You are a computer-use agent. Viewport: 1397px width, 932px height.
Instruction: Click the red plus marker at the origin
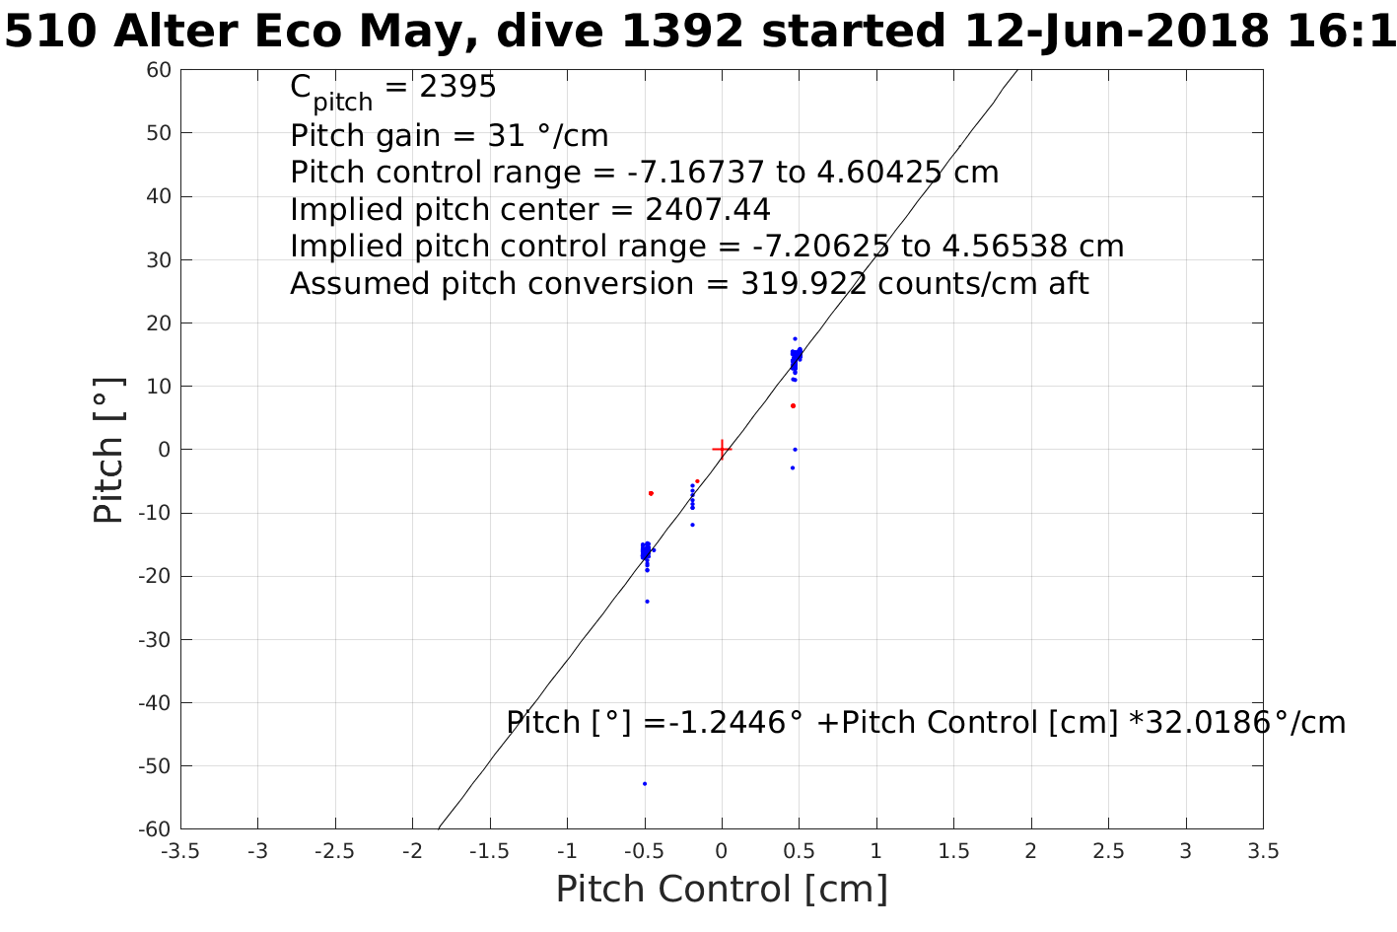tap(722, 450)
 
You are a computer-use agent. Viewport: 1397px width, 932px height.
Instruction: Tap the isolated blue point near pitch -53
tap(645, 784)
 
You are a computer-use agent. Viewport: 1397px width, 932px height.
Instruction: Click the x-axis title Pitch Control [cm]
tap(722, 890)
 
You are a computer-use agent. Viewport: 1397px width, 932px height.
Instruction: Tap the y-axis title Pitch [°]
tap(109, 450)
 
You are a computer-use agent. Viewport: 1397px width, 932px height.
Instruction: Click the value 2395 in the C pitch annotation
tap(457, 88)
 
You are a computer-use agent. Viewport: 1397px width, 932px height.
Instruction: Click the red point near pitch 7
tap(793, 405)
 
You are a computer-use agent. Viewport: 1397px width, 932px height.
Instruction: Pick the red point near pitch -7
tap(651, 493)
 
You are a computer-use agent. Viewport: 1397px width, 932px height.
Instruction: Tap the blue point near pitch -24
tap(647, 602)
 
